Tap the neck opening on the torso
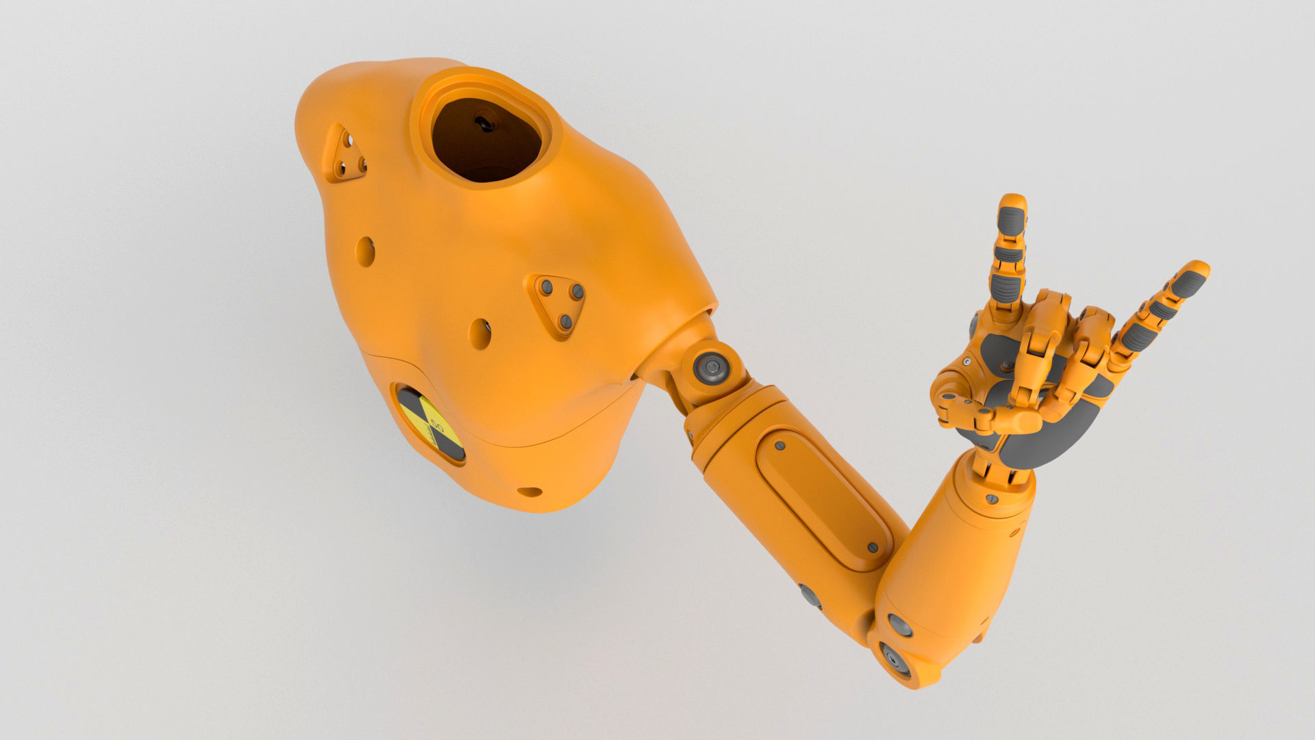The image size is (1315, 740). pyautogui.click(x=488, y=140)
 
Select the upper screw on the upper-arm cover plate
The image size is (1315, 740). pyautogui.click(x=779, y=446)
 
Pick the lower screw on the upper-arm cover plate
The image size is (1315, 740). pyautogui.click(x=872, y=547)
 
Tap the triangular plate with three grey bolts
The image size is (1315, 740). pyautogui.click(x=558, y=304)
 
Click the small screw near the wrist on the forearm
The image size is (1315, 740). pyautogui.click(x=991, y=497)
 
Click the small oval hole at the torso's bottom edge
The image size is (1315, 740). pyautogui.click(x=529, y=491)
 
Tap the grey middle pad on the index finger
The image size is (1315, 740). pyautogui.click(x=1008, y=254)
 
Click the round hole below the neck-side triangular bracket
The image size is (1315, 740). pyautogui.click(x=366, y=251)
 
